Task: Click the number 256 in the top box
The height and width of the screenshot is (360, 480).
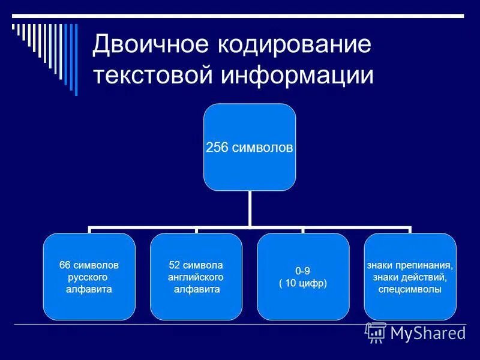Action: pyautogui.click(x=216, y=148)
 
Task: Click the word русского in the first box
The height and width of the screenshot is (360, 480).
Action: pyautogui.click(x=89, y=277)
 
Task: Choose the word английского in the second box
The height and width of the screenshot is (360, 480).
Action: pyautogui.click(x=196, y=277)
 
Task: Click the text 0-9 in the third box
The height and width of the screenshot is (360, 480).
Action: pyautogui.click(x=303, y=271)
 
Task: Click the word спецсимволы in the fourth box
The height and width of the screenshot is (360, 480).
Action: pyautogui.click(x=410, y=289)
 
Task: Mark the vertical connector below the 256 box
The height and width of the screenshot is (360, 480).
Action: pyautogui.click(x=250, y=209)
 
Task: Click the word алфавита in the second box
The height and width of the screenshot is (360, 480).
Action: pyautogui.click(x=196, y=289)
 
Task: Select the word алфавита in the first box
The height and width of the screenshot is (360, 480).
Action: pyautogui.click(x=89, y=289)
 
